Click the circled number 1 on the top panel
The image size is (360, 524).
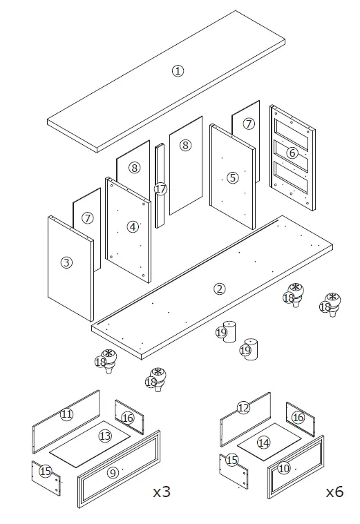[178, 71]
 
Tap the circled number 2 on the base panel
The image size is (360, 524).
[219, 289]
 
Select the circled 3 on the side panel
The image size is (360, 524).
[66, 262]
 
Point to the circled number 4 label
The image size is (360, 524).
[132, 226]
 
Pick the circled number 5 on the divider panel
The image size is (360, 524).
[232, 178]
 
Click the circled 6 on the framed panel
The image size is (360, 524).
[292, 153]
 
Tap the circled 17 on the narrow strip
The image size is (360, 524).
[160, 188]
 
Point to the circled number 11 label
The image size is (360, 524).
[66, 414]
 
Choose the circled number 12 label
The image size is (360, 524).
[243, 408]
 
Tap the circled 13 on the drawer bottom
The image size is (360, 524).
[104, 436]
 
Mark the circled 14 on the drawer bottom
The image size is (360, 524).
[263, 442]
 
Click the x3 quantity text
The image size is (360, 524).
[162, 493]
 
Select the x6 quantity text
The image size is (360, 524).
[334, 493]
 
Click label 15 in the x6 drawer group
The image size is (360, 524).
[232, 460]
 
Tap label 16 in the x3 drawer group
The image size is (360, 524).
[128, 418]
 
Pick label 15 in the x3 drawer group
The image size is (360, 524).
[46, 471]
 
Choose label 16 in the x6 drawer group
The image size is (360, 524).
[298, 418]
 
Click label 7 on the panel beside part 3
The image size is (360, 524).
[87, 218]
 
